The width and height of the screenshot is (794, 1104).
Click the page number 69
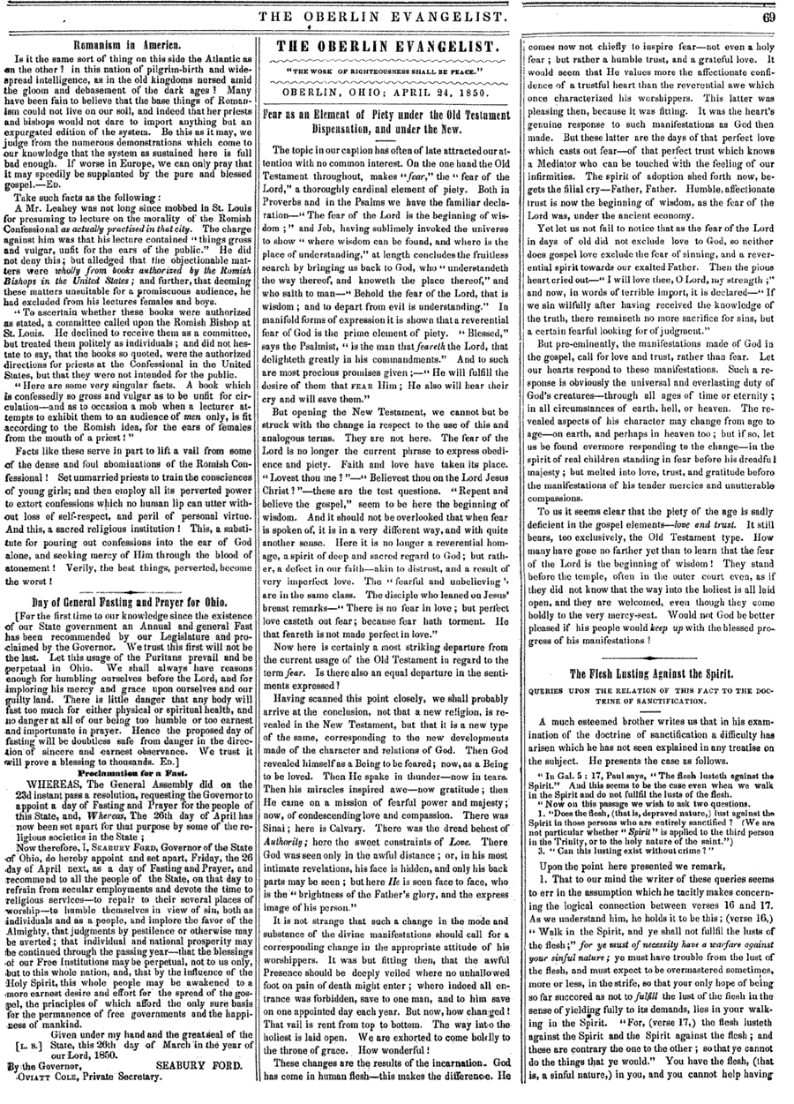tap(768, 16)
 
